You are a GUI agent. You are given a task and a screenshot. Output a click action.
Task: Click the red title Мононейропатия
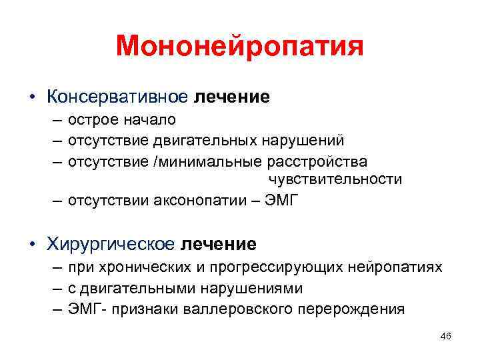pos(239,47)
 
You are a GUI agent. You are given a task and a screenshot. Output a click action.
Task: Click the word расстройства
pos(317,161)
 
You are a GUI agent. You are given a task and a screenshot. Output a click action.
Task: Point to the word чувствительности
pos(335,179)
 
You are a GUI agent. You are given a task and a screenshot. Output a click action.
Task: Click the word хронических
pos(141,267)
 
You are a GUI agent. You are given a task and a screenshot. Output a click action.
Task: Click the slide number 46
pos(445,337)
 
